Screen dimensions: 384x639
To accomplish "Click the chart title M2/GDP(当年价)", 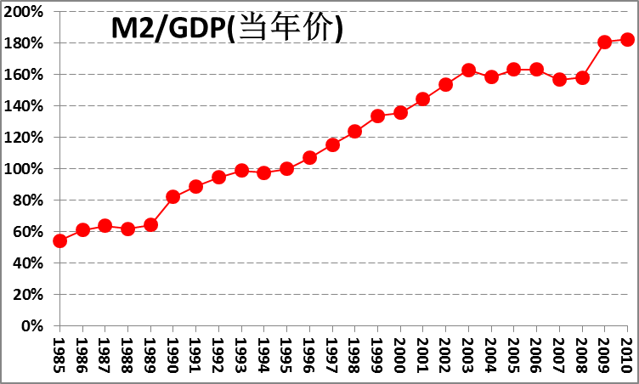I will pos(227,29).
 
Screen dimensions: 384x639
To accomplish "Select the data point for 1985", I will pos(59,240).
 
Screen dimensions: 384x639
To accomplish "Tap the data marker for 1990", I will pos(173,196).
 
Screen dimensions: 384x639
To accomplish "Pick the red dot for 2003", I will pos(468,70).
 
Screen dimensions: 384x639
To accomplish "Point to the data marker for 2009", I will pos(605,42).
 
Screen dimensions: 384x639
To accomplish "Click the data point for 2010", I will pos(627,39).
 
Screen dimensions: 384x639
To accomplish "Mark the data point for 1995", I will pos(286,168).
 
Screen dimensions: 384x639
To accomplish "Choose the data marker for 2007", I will pos(559,79).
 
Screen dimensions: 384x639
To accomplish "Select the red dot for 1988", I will pos(127,229).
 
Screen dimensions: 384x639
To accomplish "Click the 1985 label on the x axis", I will pos(59,353).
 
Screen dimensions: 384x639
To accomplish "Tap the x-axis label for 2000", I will pos(400,353).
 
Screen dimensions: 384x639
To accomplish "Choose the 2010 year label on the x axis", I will pos(627,353).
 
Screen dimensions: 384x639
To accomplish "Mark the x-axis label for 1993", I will pos(241,353).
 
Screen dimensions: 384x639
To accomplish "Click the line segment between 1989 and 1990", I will pos(161,211).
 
